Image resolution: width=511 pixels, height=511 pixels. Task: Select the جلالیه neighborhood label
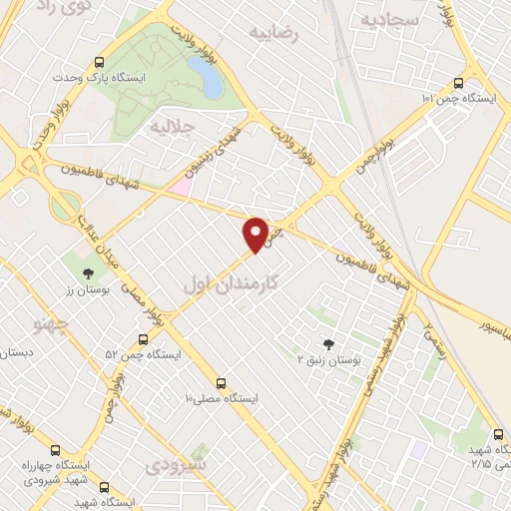click(170, 129)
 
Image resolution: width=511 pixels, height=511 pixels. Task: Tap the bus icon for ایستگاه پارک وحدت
click(98, 60)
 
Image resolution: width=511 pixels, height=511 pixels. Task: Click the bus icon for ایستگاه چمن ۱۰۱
click(458, 84)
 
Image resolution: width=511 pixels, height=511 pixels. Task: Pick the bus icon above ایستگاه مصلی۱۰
click(221, 382)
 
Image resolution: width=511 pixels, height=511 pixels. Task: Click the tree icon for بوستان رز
click(89, 271)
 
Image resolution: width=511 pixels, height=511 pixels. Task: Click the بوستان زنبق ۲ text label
click(335, 356)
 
